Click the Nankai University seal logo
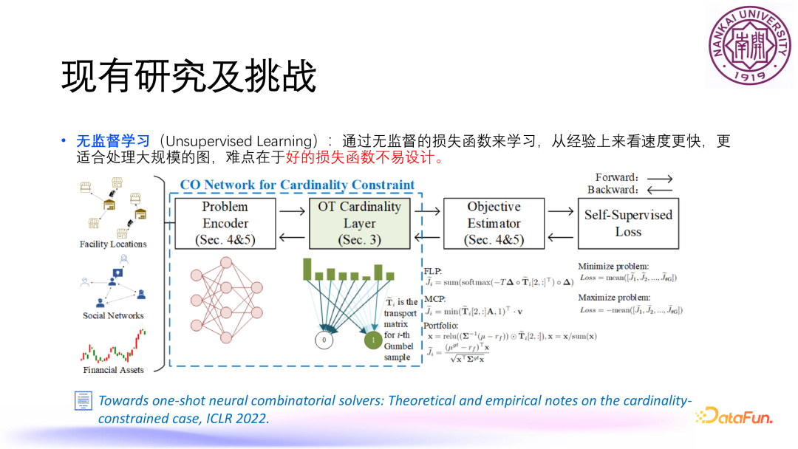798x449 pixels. [x=749, y=46]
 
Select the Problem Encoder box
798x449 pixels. [x=225, y=223]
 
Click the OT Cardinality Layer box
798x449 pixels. [x=360, y=223]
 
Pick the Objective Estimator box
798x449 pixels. [x=494, y=223]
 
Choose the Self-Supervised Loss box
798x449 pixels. [x=628, y=223]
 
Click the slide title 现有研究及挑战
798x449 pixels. [x=189, y=76]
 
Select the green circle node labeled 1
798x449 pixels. [x=374, y=340]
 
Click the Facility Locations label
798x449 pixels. [x=113, y=244]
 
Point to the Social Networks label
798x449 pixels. [x=113, y=316]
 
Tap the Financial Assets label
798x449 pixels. [x=113, y=370]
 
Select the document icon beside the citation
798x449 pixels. [x=83, y=401]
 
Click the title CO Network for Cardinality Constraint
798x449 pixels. [x=297, y=185]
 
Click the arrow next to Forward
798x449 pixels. [x=659, y=178]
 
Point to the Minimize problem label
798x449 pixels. [x=613, y=266]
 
